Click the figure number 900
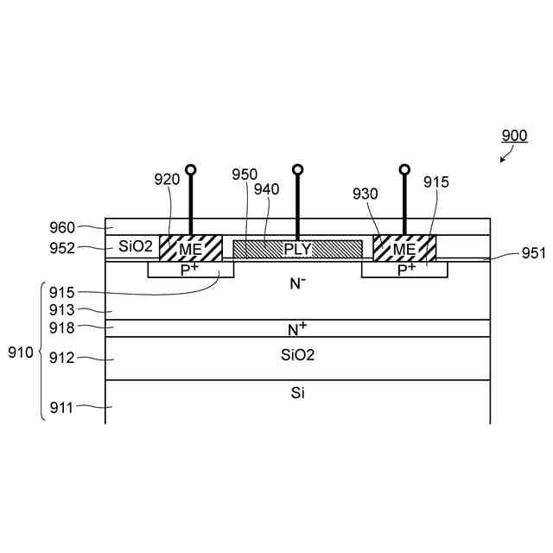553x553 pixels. click(514, 136)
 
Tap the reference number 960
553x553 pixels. click(65, 229)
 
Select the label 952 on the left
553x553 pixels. click(65, 248)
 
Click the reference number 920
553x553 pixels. click(168, 180)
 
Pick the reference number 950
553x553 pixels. click(245, 175)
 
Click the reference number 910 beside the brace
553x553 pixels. click(21, 353)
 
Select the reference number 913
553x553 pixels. click(65, 309)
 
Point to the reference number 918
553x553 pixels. click(65, 327)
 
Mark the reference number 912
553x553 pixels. click(65, 358)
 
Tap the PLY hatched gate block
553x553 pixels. click(297, 249)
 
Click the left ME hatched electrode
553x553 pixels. click(191, 248)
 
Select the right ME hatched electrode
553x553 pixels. click(404, 248)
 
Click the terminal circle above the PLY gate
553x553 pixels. click(297, 170)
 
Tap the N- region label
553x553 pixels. click(298, 282)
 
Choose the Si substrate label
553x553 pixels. click(297, 393)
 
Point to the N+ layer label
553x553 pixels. click(297, 328)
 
